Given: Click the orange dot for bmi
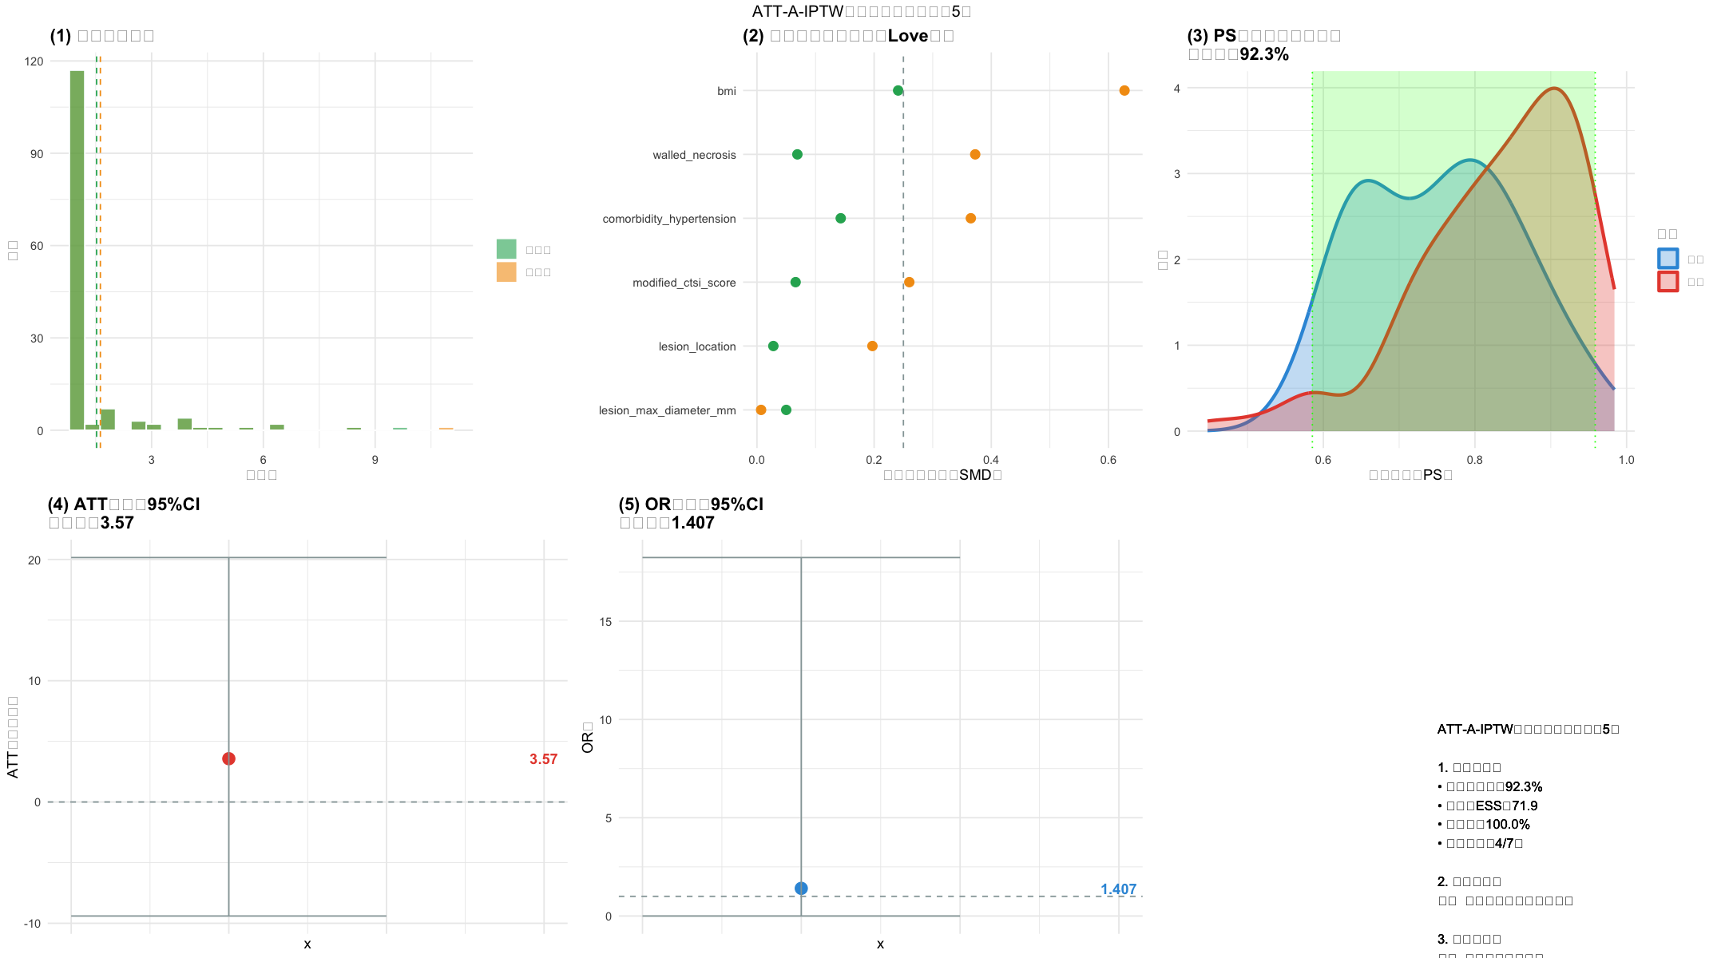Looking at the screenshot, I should [x=1124, y=91].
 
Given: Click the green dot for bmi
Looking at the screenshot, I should [x=898, y=91].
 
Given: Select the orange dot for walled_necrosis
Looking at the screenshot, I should [x=975, y=155].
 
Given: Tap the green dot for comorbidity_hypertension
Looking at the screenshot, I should [x=840, y=219].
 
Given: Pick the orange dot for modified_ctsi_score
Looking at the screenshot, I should [x=909, y=283].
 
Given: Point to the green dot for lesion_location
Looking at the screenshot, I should [x=773, y=346].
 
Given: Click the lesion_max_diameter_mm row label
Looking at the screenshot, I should [x=667, y=410].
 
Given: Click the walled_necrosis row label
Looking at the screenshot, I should [x=694, y=155].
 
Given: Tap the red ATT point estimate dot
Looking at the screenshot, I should [x=229, y=758].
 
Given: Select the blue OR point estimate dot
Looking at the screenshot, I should [x=801, y=889].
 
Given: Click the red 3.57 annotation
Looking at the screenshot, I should [x=543, y=759].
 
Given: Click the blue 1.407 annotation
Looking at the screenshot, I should [x=1118, y=889].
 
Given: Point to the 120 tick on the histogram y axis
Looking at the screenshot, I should [x=34, y=61].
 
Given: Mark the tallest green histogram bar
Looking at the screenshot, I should [x=77, y=250].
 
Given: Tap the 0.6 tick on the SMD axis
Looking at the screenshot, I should [x=1108, y=460].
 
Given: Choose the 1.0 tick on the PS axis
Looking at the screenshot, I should [x=1626, y=460].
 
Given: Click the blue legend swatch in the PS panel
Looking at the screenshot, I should [x=1667, y=259].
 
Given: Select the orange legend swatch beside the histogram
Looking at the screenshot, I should [x=506, y=272].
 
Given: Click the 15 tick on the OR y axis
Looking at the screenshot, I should [x=605, y=622].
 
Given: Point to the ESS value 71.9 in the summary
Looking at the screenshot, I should [x=1525, y=806].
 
